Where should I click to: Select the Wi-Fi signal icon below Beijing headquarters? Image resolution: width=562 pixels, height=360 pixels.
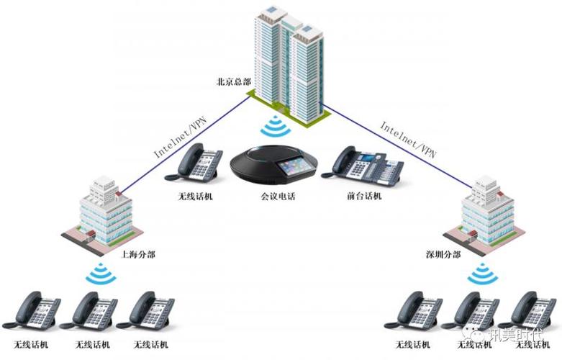point(273,128)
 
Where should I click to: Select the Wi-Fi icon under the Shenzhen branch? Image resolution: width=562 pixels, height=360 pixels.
point(480,274)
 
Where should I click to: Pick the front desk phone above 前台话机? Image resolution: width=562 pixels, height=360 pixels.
point(359,163)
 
